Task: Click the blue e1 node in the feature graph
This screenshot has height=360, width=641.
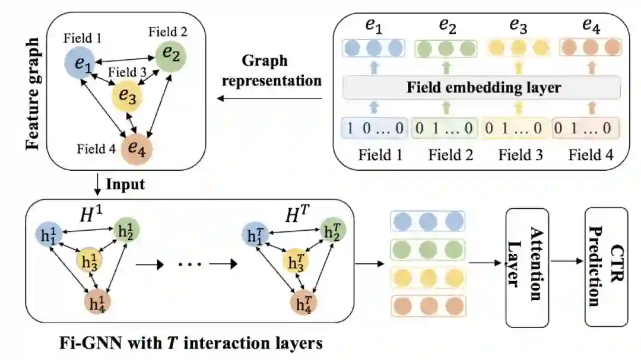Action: click(x=80, y=62)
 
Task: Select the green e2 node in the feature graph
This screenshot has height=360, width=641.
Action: click(x=171, y=56)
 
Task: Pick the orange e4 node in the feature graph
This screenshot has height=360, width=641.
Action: click(x=137, y=149)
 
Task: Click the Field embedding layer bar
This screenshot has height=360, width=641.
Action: click(x=481, y=87)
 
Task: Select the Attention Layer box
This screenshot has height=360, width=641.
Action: click(x=527, y=267)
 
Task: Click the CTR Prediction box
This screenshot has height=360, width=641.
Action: click(x=606, y=267)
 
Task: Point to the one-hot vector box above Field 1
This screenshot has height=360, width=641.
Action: click(x=374, y=128)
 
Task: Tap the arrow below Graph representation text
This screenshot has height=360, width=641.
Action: click(x=269, y=98)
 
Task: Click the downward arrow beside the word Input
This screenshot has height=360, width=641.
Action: click(x=97, y=184)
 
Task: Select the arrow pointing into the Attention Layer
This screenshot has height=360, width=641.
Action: click(x=485, y=263)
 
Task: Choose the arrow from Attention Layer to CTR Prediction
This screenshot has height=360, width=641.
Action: click(x=567, y=261)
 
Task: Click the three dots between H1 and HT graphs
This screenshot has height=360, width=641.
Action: click(x=190, y=265)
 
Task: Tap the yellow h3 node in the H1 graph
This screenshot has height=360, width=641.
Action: click(x=89, y=261)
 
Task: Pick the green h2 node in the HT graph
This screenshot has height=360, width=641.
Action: click(x=332, y=231)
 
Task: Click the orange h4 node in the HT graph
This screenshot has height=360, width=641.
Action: click(x=304, y=303)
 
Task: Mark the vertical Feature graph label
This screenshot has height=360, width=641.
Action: click(x=32, y=94)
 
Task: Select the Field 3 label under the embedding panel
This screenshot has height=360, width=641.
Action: click(x=521, y=155)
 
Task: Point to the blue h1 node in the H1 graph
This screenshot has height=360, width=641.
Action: click(x=49, y=234)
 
